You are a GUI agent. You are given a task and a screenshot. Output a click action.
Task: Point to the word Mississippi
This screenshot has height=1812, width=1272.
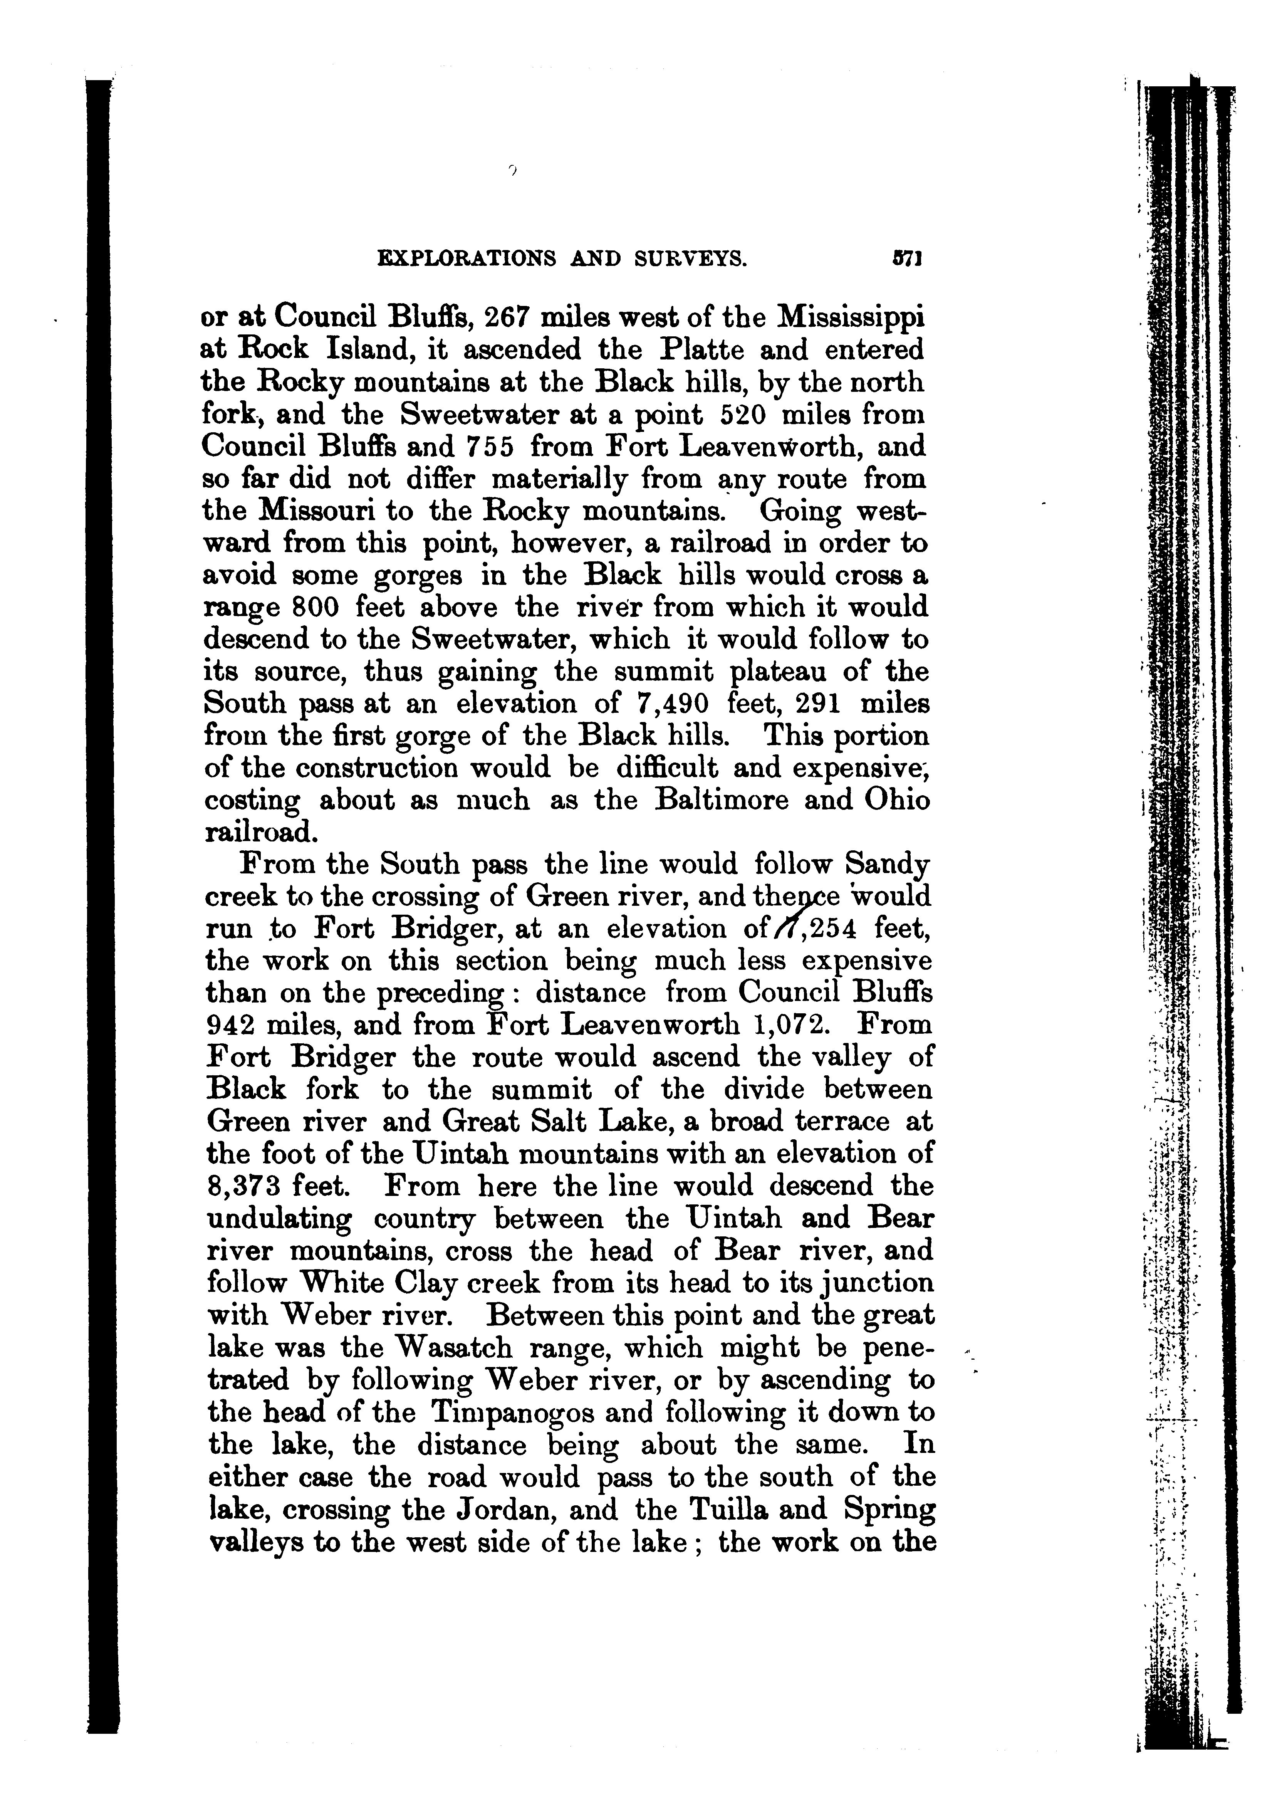(851, 318)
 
